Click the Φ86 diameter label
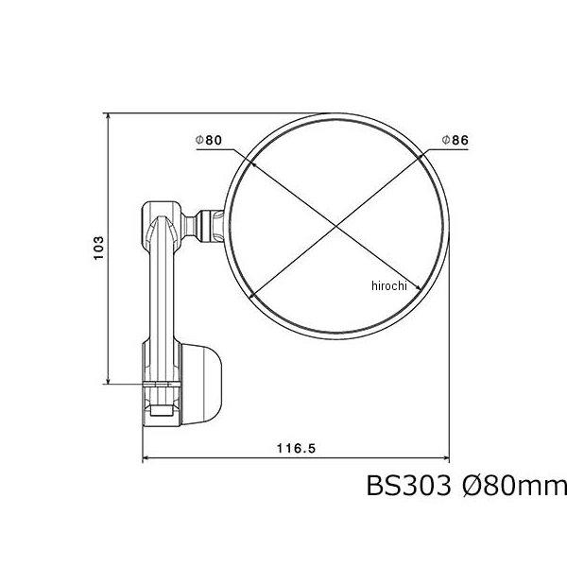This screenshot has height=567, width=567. [455, 140]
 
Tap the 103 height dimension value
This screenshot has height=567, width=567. [98, 249]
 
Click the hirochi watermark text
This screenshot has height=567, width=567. [387, 285]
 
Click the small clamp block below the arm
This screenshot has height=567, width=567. [160, 402]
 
